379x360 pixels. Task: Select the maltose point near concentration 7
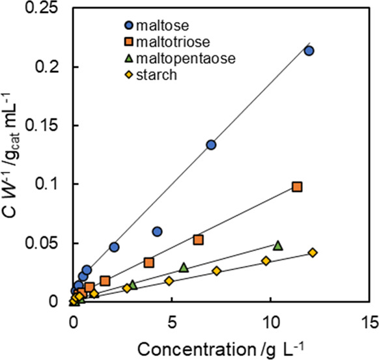(211, 145)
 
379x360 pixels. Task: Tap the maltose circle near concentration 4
(157, 232)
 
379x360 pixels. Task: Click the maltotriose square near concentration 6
(198, 240)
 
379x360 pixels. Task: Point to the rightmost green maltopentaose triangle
(278, 245)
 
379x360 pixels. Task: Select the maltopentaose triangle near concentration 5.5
(184, 267)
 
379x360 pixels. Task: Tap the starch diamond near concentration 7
(216, 271)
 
